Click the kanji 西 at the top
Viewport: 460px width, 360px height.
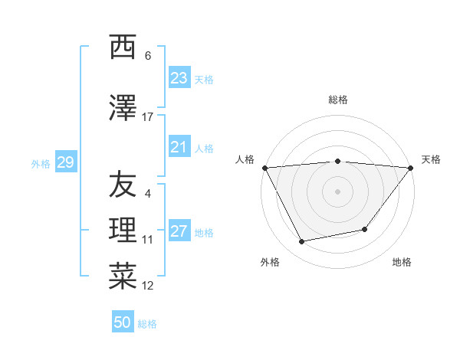point(123,47)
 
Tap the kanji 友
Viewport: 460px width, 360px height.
point(123,184)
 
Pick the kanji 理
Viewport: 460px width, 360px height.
point(123,230)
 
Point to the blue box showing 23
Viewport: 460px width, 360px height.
point(179,78)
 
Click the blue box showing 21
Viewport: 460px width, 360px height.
point(179,147)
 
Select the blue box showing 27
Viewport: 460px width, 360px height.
point(179,232)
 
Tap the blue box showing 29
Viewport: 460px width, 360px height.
point(65,162)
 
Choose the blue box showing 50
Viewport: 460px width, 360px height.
point(123,322)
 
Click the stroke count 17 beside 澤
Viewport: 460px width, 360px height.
point(147,116)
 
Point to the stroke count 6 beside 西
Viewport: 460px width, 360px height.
point(148,55)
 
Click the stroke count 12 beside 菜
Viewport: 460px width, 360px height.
point(147,286)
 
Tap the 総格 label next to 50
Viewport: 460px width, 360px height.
point(147,324)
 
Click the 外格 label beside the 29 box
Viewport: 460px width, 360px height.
point(41,163)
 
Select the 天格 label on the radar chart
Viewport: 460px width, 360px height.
point(431,159)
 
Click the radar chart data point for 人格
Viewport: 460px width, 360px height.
point(264,168)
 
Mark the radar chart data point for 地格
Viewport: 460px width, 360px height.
point(365,229)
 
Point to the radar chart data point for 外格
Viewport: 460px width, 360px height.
point(302,242)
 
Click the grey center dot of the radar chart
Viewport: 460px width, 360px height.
point(337,191)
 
